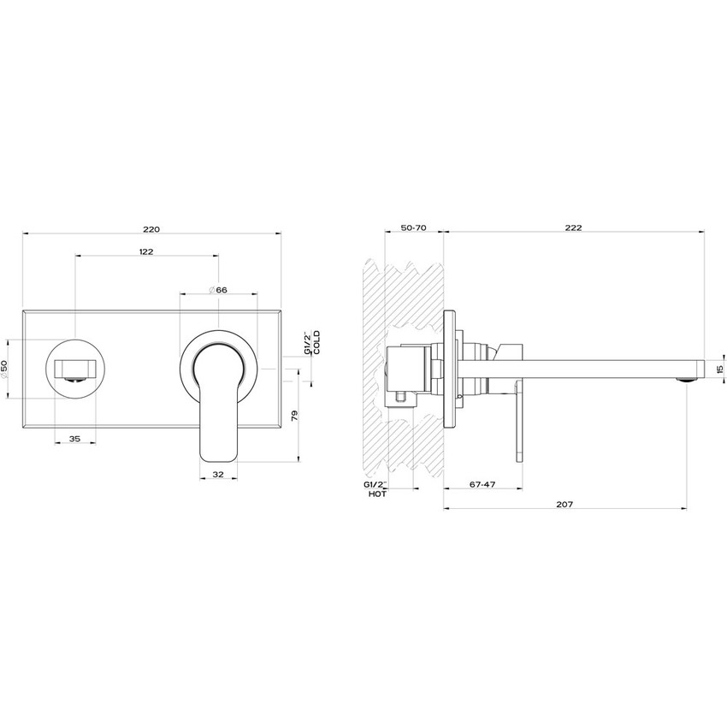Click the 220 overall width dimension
click(x=151, y=228)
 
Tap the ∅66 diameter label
click(x=218, y=290)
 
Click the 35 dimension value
click(x=74, y=439)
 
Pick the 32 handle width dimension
click(x=217, y=474)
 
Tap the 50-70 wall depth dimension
click(x=413, y=228)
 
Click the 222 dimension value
click(x=573, y=228)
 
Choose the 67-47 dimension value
click(x=483, y=485)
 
